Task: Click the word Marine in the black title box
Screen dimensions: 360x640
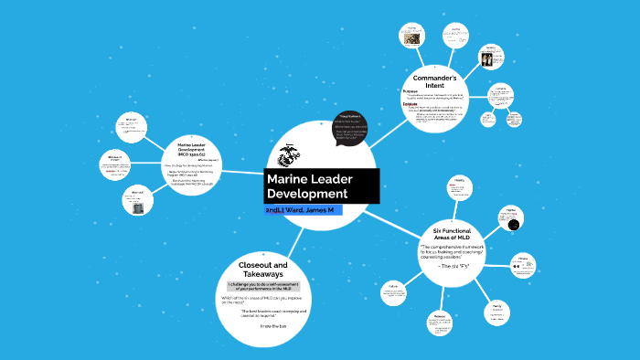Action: pyautogui.click(x=288, y=178)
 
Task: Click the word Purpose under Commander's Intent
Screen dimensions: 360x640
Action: pyautogui.click(x=410, y=92)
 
